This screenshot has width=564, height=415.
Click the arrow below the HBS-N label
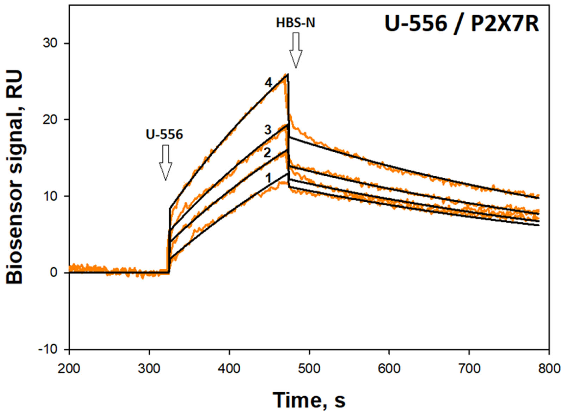pos(296,50)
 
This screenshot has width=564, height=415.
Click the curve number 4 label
pos(268,83)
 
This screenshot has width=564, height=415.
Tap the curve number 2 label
pos(267,153)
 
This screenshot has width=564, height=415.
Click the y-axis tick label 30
pos(50,43)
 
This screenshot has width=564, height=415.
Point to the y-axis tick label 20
pos(50,120)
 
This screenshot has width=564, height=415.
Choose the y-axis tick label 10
pos(50,196)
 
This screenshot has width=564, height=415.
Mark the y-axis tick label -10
pos(48,349)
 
